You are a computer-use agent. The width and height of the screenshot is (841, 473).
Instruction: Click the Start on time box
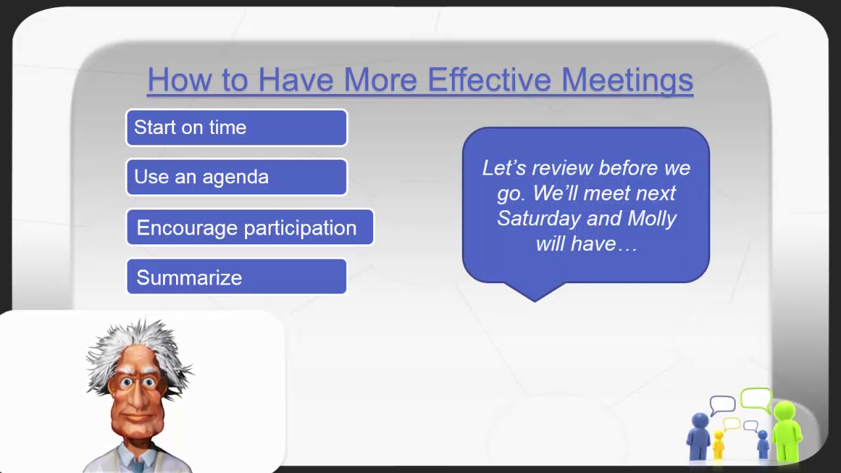point(237,127)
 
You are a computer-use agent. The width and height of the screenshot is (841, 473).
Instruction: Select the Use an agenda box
point(237,177)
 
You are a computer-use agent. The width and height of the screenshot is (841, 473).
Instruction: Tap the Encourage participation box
point(250,227)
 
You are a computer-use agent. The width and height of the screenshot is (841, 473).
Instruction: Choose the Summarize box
point(237,277)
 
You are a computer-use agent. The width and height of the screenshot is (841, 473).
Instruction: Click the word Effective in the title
point(489,79)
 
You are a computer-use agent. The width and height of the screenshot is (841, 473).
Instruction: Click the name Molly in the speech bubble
point(652,218)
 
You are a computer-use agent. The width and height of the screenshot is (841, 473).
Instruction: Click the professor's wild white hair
point(138,342)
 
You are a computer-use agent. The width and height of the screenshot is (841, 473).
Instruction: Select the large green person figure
point(786,430)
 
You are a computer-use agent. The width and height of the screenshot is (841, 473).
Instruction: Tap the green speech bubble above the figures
point(756,397)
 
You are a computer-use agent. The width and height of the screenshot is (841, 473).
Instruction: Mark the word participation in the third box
point(302,229)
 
